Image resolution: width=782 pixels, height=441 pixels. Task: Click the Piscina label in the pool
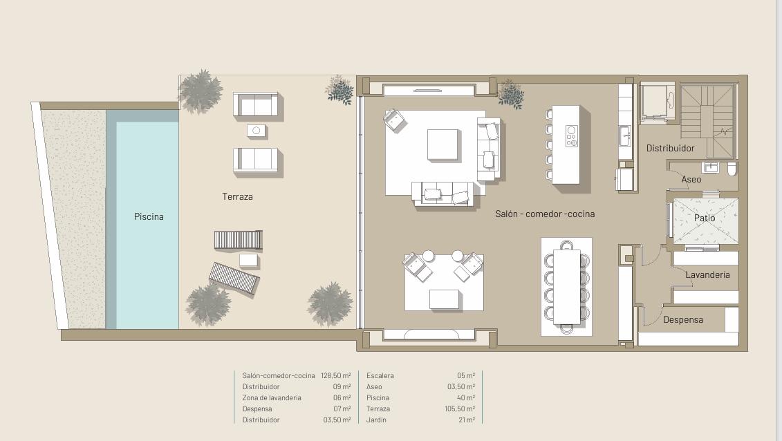(149, 217)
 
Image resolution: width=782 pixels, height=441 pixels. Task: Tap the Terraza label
(237, 197)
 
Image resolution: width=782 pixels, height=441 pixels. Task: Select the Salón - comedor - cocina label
(545, 214)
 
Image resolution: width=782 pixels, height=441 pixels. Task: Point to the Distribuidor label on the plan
(670, 148)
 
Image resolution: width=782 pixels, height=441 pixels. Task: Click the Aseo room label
(691, 180)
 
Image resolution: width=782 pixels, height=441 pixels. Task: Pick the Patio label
(705, 218)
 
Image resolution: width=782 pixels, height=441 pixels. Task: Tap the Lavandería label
(707, 274)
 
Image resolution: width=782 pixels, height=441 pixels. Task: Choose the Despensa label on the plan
(682, 320)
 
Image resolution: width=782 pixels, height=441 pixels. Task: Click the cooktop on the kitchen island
(572, 136)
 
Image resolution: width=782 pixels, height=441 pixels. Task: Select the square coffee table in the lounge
(443, 144)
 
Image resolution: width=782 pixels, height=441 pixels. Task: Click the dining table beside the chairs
(566, 287)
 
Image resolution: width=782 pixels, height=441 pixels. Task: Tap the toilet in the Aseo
(732, 169)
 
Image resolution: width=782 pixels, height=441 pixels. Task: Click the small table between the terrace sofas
(257, 131)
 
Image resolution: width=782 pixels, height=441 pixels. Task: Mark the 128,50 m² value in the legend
(335, 376)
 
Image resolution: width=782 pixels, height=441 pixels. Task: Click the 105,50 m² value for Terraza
(460, 409)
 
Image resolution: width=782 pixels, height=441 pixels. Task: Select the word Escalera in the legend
(380, 376)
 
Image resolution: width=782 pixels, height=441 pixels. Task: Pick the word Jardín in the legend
(376, 420)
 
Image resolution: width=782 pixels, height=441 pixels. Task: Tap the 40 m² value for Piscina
(465, 397)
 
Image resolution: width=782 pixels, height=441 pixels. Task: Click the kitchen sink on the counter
(625, 135)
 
